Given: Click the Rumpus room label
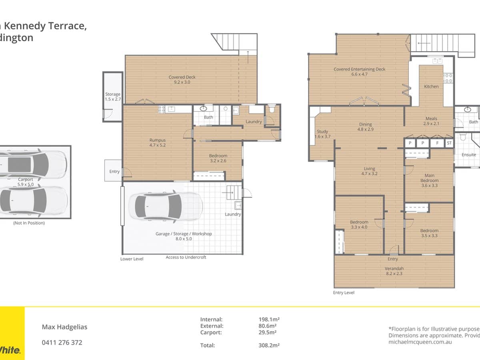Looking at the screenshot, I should [x=157, y=143].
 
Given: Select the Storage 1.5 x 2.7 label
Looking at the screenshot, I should [x=112, y=97].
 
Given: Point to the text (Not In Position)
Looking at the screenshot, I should [x=29, y=223].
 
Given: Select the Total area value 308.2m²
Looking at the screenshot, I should [x=269, y=345].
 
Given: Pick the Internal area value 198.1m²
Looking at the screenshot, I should [x=269, y=319].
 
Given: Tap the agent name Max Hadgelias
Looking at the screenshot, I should [x=64, y=327].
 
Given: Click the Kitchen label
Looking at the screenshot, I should [x=431, y=86].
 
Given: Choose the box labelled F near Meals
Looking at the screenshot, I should [x=437, y=143].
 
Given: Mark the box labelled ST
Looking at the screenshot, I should [x=449, y=143].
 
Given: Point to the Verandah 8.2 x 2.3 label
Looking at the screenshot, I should [x=394, y=271].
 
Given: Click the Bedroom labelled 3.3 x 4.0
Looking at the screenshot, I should [x=359, y=224].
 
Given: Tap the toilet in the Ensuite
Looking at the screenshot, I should [x=463, y=137].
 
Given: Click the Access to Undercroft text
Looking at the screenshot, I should [x=186, y=257].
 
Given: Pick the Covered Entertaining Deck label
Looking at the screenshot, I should [x=359, y=72].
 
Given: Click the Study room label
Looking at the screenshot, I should [x=322, y=134].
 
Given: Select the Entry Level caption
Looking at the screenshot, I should [x=343, y=292].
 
